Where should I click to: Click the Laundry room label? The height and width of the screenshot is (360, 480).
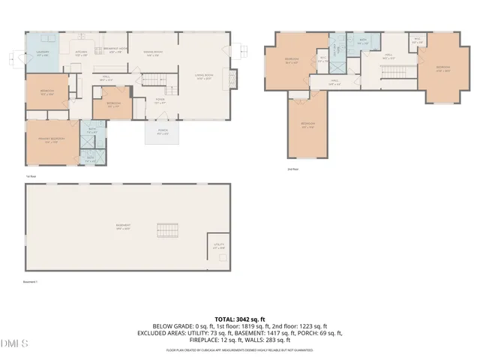pyautogui.click(x=42, y=54)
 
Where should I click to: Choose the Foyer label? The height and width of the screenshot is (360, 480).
pyautogui.click(x=160, y=102)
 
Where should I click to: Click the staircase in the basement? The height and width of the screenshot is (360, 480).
pyautogui.click(x=169, y=230)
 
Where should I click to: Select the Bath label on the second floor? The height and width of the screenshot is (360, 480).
pyautogui.click(x=363, y=43)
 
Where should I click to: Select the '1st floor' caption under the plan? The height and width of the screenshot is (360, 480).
pyautogui.click(x=31, y=177)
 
